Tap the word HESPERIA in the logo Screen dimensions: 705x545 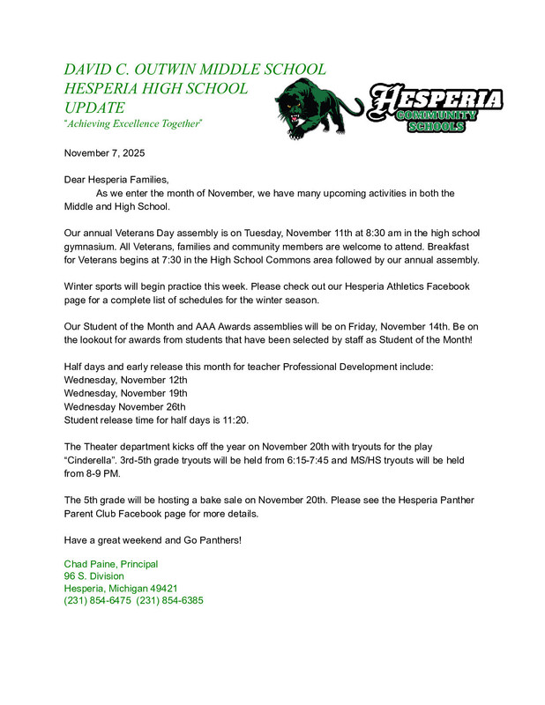point(436,100)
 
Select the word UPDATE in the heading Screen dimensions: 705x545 point(94,107)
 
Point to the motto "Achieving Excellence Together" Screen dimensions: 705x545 point(133,123)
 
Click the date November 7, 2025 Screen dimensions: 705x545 point(104,153)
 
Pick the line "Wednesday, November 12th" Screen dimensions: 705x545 point(125,379)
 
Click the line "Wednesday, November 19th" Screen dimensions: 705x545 point(125,393)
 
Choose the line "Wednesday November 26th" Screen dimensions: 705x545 point(124,407)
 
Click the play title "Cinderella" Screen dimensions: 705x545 point(101,461)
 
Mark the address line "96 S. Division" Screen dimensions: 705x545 point(93,576)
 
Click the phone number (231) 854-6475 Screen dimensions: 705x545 point(97,601)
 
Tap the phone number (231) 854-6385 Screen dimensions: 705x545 point(170,601)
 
